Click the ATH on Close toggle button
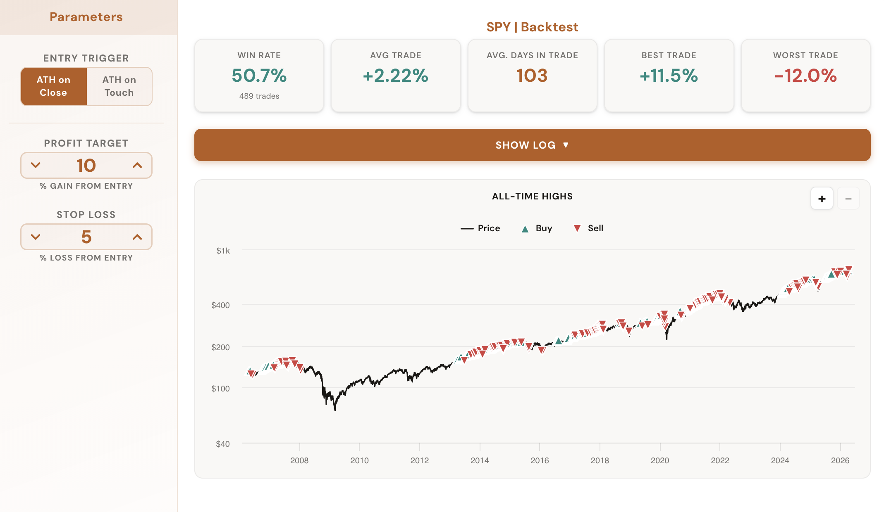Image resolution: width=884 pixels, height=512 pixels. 54,86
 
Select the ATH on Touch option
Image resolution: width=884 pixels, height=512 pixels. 119,86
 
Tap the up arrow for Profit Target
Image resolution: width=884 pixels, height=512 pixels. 137,166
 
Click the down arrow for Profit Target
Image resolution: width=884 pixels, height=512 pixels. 36,166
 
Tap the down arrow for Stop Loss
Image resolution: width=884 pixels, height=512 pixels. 36,237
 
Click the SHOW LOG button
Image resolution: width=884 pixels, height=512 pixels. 532,145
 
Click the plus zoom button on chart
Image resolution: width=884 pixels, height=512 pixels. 822,199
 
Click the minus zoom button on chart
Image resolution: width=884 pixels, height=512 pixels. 848,199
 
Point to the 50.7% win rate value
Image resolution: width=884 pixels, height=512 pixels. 259,76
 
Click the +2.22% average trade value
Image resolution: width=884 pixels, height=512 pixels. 395,76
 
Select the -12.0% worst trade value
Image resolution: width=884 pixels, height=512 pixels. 805,76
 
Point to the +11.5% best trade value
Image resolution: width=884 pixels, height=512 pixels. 669,76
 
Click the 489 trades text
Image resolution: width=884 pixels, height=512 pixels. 259,96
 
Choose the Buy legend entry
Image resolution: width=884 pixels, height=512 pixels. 537,228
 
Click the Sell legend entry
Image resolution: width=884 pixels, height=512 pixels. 589,228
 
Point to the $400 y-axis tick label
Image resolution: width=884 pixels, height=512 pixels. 220,305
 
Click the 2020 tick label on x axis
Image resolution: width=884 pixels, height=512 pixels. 659,460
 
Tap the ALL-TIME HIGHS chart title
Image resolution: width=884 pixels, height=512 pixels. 532,197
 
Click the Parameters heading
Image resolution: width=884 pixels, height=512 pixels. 86,17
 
